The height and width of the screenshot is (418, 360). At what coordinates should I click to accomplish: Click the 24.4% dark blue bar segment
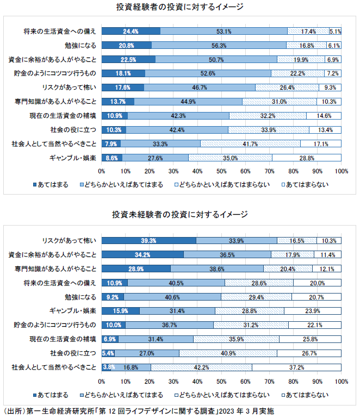coord(131,31)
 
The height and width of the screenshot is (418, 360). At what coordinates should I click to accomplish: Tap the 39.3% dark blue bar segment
coord(148,240)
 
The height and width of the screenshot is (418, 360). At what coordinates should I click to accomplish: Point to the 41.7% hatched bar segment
coord(250,144)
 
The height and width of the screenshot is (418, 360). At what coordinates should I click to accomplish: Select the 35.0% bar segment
coord(230,158)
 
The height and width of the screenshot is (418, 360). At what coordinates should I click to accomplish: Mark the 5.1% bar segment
coord(335,31)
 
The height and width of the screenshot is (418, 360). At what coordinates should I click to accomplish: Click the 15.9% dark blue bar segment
coord(120,311)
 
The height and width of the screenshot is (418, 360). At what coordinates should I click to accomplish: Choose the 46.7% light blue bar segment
coord(199,88)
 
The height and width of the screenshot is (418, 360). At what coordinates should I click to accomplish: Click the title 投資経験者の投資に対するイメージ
coord(179,7)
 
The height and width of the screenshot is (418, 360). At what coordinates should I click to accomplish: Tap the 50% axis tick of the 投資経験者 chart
coord(221,171)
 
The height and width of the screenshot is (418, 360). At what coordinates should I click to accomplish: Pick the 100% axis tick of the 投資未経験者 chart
coord(342,381)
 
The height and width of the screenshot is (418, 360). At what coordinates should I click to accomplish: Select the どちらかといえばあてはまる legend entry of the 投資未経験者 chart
coord(125,394)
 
